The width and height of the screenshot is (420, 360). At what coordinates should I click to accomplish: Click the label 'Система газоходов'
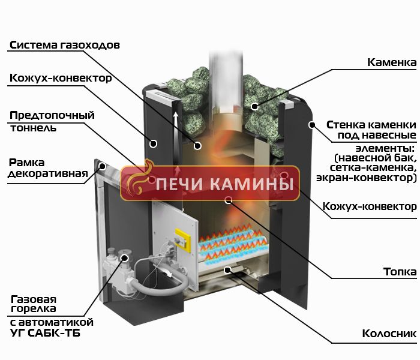[65, 45]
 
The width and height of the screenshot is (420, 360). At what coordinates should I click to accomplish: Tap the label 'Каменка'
[392, 62]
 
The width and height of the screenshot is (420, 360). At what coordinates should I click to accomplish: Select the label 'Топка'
[400, 272]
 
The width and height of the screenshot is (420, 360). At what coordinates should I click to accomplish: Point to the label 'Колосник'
[389, 334]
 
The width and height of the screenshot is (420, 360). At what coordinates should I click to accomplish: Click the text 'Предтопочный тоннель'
[52, 121]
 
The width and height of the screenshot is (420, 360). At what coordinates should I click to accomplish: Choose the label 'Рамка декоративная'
[48, 168]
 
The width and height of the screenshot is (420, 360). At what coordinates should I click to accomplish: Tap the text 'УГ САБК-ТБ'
[45, 333]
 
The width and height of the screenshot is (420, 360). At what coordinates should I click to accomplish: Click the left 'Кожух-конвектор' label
[61, 78]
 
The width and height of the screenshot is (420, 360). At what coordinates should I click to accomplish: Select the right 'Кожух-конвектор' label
[370, 206]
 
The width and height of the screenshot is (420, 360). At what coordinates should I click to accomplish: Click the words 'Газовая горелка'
[34, 304]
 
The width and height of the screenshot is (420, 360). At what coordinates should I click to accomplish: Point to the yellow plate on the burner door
[183, 240]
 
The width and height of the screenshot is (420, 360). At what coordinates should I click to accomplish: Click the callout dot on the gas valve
[125, 258]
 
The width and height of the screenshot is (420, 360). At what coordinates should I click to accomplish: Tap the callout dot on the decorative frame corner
[103, 166]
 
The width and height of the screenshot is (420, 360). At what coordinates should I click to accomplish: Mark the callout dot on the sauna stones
[255, 106]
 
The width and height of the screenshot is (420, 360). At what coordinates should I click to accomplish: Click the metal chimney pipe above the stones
[226, 80]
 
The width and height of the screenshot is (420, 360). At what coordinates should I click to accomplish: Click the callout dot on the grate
[227, 270]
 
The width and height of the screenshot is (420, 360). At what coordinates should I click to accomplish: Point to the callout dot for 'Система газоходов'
[197, 146]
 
